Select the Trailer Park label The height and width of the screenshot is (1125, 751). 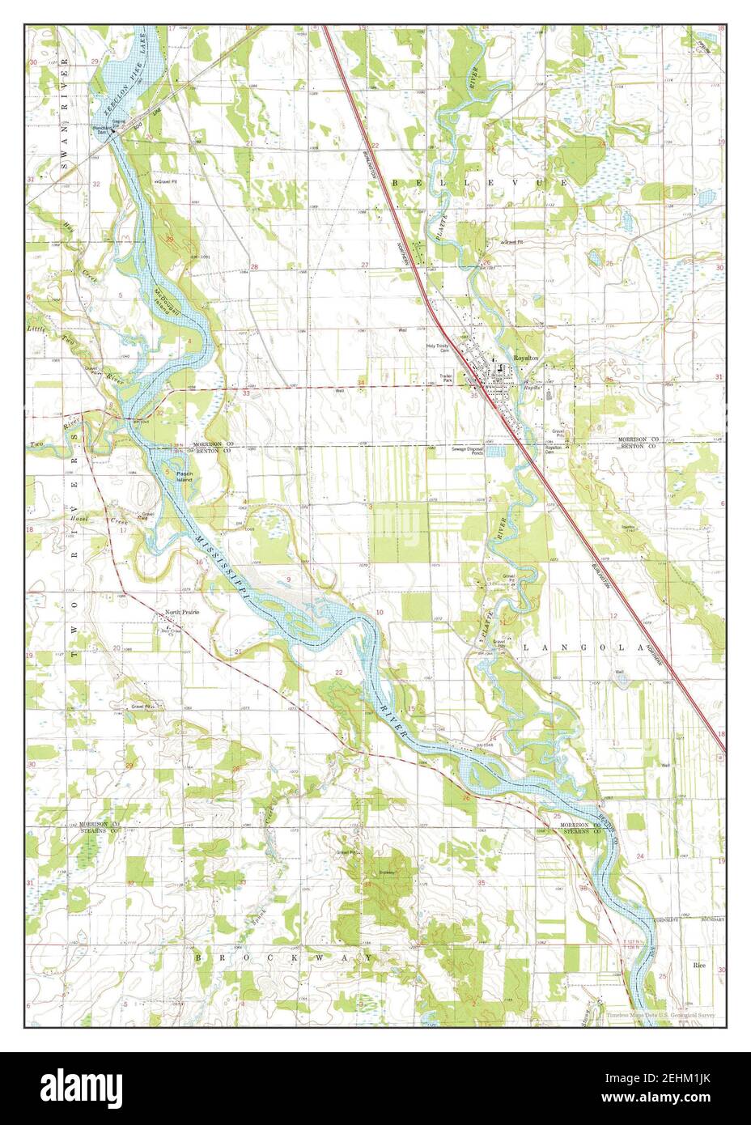click(444, 378)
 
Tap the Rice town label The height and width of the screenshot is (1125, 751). click(699, 966)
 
